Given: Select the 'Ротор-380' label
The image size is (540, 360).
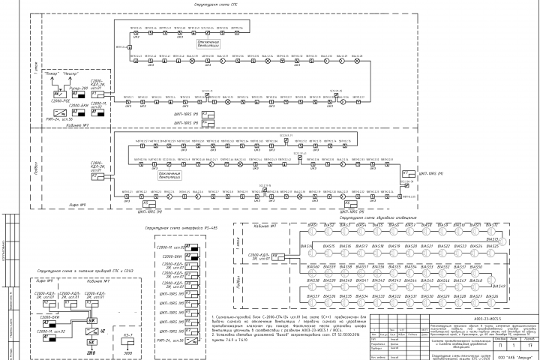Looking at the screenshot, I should pos(79,88).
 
